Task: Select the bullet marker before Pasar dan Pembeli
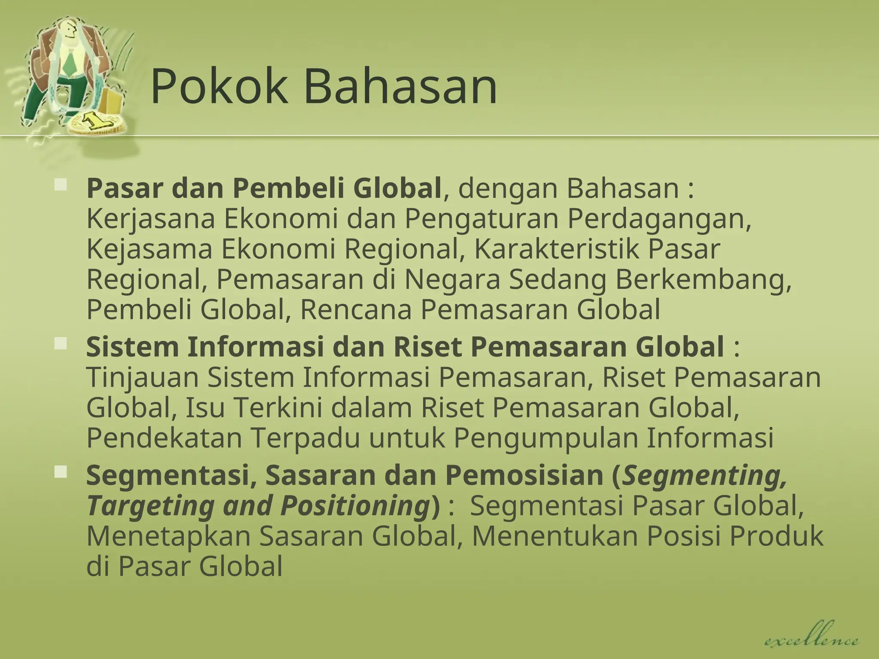(61, 185)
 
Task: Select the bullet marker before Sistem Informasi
(61, 343)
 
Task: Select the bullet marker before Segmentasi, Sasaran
(61, 472)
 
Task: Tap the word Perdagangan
(659, 220)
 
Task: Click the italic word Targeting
(151, 506)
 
